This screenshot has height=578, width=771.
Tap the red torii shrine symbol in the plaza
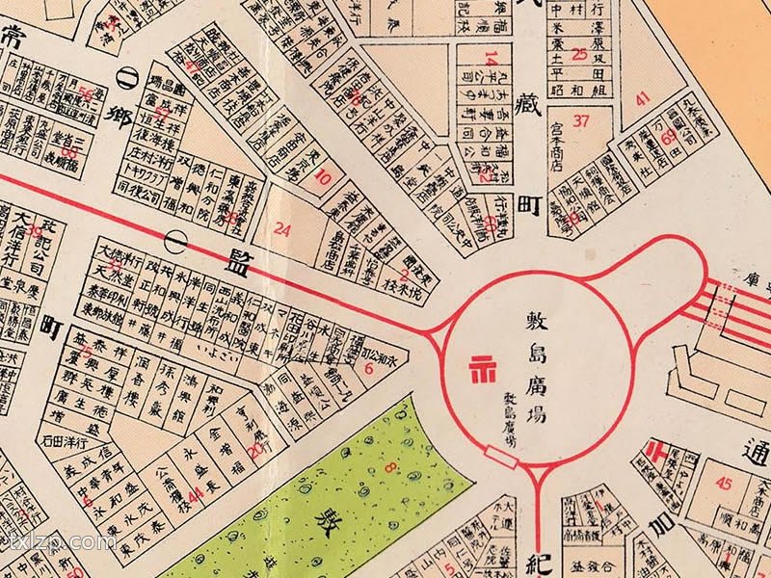point(477,367)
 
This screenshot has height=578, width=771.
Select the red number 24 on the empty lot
point(282,229)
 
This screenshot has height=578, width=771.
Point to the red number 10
point(324,177)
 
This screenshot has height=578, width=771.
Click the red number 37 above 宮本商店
point(580,120)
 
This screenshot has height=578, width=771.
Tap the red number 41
point(643,97)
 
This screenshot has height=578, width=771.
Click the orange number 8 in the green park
point(390,469)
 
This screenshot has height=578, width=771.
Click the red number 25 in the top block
point(579,54)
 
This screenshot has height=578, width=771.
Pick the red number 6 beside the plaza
point(369,367)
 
